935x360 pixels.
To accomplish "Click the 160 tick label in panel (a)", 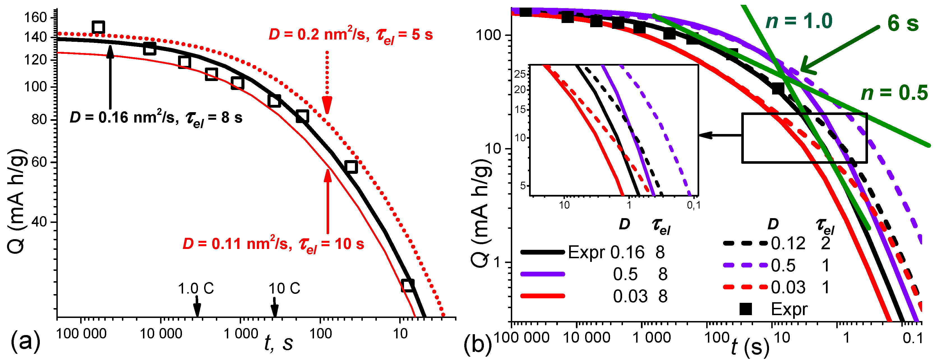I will coord(36,17).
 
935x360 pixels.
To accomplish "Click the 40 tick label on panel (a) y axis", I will coord(40,222).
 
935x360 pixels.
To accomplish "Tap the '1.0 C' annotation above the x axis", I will coord(196,289).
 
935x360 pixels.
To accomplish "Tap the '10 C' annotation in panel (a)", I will coord(284,289).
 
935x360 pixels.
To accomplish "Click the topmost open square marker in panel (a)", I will coord(98,27).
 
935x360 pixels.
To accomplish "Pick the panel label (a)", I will coord(25,341).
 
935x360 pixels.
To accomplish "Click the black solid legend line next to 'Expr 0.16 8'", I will coord(542,252).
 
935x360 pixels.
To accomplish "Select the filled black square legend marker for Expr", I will coord(745,309).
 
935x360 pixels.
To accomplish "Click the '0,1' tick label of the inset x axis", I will coord(693,206).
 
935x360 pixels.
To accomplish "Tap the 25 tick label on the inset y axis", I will coord(520,74).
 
